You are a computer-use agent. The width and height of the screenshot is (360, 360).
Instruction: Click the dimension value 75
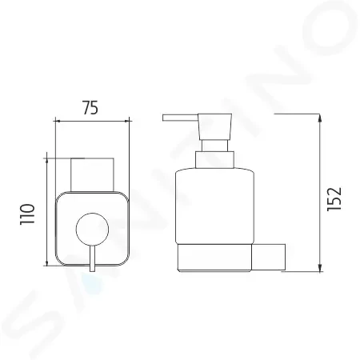[90, 108]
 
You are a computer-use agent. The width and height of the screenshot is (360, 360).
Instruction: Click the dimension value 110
[27, 214]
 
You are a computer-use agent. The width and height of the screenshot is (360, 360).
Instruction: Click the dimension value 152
[334, 199]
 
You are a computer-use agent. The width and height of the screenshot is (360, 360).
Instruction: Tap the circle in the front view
[92, 230]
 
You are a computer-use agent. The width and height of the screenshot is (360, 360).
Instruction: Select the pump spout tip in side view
[163, 118]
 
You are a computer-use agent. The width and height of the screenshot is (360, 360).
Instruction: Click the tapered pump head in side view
[214, 126]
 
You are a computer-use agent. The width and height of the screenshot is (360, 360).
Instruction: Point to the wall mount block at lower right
[269, 257]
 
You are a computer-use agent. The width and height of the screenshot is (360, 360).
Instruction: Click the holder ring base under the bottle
[214, 258]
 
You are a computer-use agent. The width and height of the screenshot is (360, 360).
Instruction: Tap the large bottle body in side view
[215, 206]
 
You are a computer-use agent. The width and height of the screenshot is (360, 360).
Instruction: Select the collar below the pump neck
[215, 160]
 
